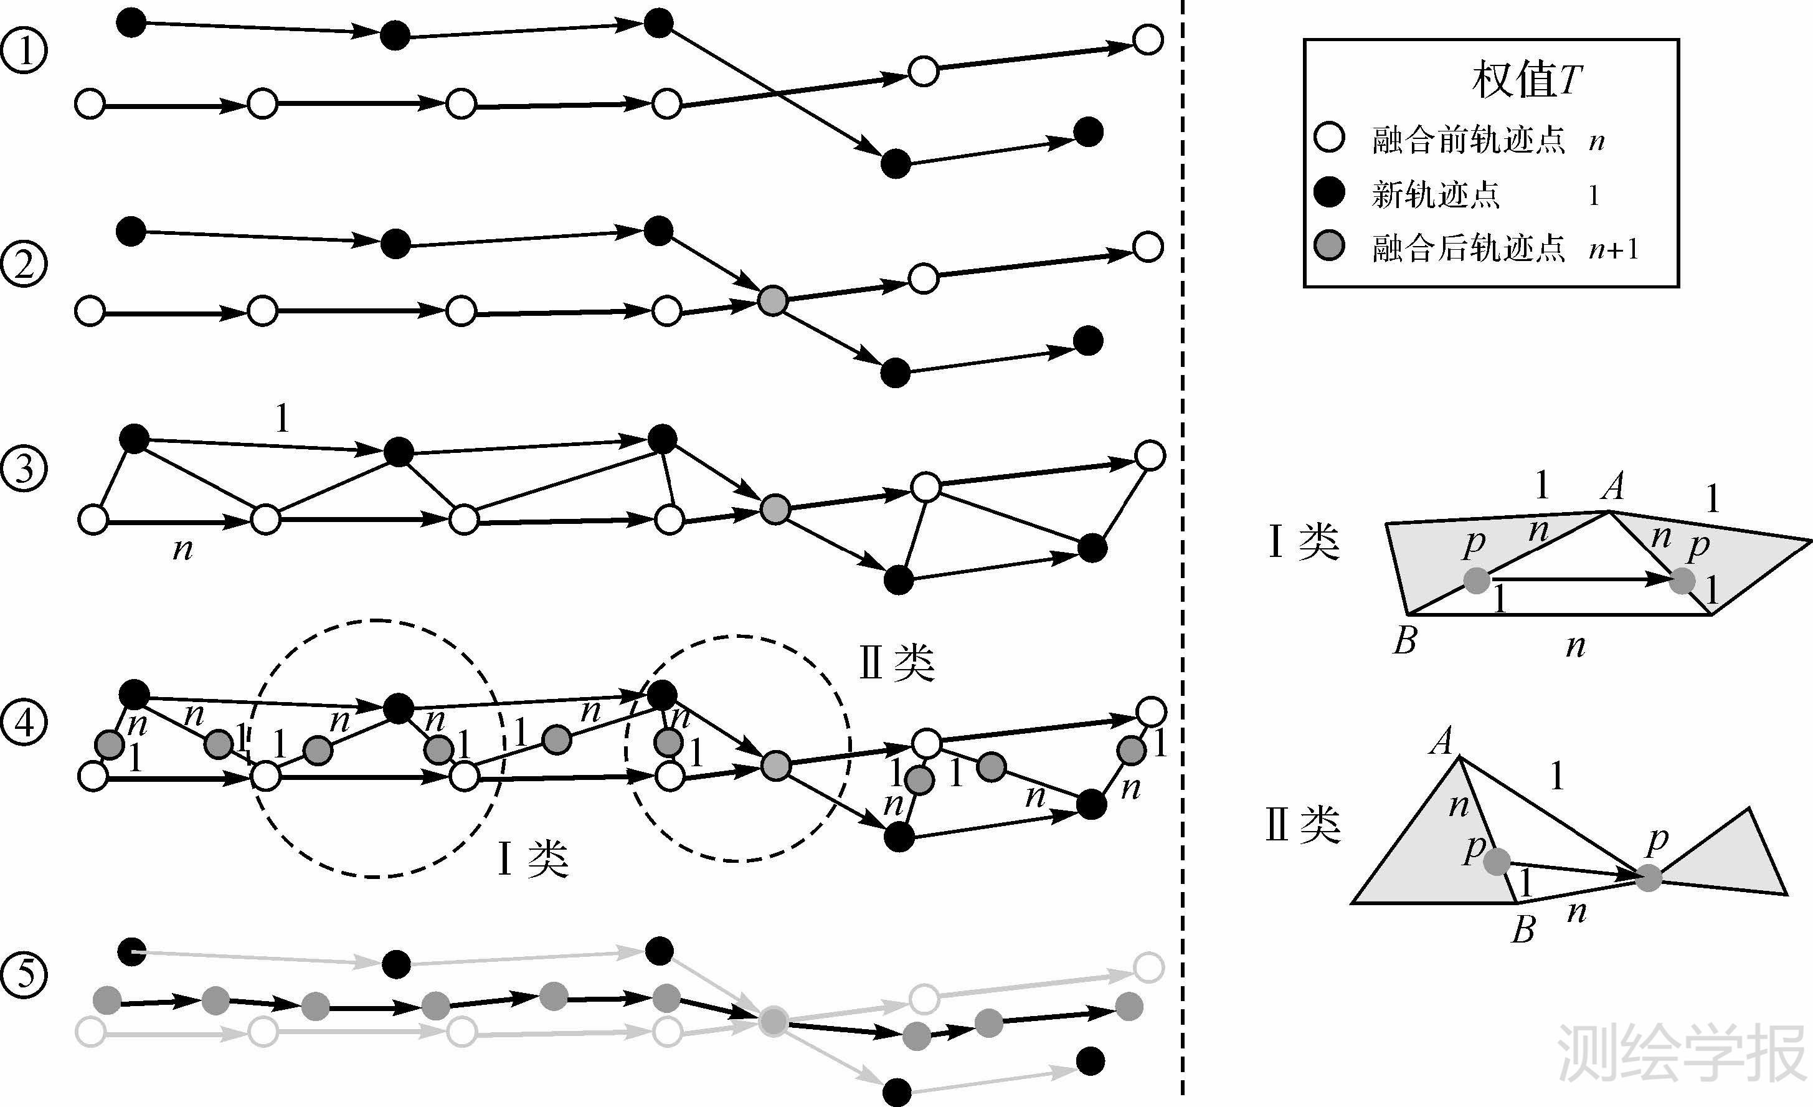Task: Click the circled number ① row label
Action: [x=24, y=51]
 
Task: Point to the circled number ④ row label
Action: [x=24, y=722]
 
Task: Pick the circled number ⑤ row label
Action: [x=24, y=974]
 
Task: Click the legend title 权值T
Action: [x=1526, y=80]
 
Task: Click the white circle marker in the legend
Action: [x=1329, y=138]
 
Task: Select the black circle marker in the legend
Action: [x=1329, y=192]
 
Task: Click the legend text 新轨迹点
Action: [x=1435, y=194]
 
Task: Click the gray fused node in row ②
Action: [x=772, y=300]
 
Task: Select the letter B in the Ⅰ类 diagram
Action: [x=1404, y=640]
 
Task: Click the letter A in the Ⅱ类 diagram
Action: [x=1442, y=741]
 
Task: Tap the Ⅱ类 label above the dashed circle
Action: [x=897, y=662]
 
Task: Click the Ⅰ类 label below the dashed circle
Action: [x=534, y=858]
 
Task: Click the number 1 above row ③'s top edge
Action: [x=282, y=418]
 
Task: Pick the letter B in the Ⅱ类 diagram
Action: [x=1523, y=929]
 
